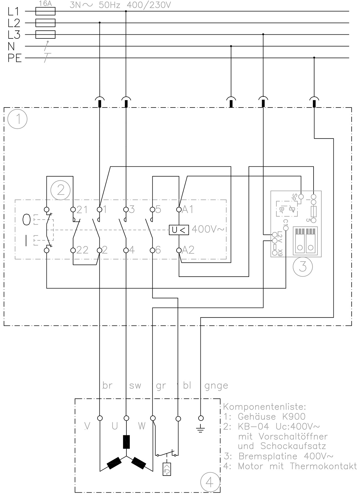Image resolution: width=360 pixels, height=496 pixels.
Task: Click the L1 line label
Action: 14,11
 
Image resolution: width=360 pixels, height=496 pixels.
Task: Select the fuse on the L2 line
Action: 46,23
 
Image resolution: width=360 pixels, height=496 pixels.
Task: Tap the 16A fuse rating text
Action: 45,4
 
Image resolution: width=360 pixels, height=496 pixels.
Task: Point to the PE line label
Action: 15,58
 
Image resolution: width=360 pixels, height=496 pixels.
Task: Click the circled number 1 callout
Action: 18,119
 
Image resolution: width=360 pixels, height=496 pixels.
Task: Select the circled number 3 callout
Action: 302,266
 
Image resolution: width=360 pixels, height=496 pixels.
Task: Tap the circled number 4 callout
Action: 210,482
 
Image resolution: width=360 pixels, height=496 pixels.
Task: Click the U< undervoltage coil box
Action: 179,230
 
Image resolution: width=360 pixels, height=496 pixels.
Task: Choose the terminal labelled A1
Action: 179,209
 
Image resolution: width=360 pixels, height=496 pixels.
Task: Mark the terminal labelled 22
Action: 73,250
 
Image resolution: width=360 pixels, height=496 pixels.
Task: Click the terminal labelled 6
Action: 152,250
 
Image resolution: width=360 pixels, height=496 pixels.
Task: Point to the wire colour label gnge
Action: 216,386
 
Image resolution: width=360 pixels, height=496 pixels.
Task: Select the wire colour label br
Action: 107,386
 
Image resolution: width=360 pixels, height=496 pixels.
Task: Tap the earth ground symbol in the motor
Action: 201,429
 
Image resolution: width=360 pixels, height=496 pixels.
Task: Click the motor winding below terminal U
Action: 126,442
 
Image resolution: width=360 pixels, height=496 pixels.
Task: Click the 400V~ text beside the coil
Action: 207,230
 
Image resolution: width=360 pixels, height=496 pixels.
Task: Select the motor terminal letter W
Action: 142,426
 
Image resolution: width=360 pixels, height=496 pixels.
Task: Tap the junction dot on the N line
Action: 231,46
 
